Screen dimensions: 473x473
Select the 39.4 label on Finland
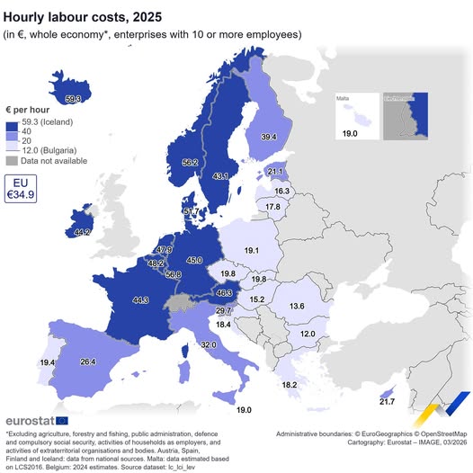[x=268, y=136]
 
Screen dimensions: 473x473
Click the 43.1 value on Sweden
[x=219, y=176]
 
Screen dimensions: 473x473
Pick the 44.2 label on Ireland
[x=82, y=232]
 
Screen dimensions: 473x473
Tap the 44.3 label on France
[x=139, y=299]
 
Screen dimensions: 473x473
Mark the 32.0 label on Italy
[x=209, y=344]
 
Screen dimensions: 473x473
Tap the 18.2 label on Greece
[x=290, y=385]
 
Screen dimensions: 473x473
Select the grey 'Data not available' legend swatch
[x=13, y=161]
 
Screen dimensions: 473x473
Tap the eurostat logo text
[x=31, y=420]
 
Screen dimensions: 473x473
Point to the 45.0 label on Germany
[x=193, y=260]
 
